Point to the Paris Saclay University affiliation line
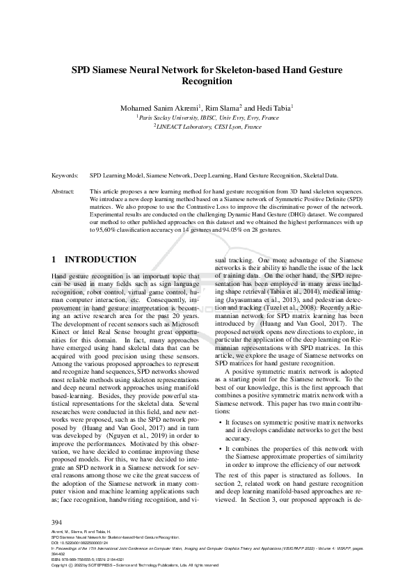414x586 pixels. pos(207,118)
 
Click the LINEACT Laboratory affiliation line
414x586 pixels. pos(207,128)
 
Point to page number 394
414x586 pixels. pos(58,522)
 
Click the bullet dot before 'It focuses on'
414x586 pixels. pos(220,422)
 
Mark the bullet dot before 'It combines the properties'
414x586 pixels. pos(220,449)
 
